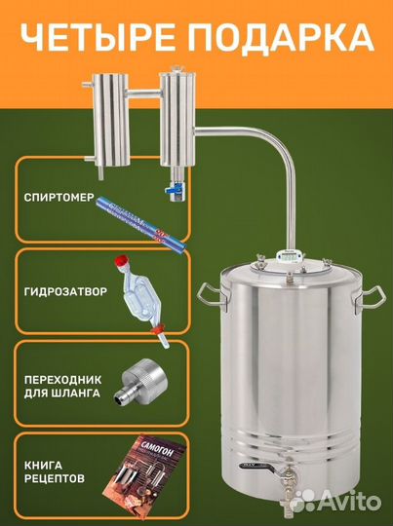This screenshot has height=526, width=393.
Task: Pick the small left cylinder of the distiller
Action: pyautogui.click(x=105, y=123)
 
